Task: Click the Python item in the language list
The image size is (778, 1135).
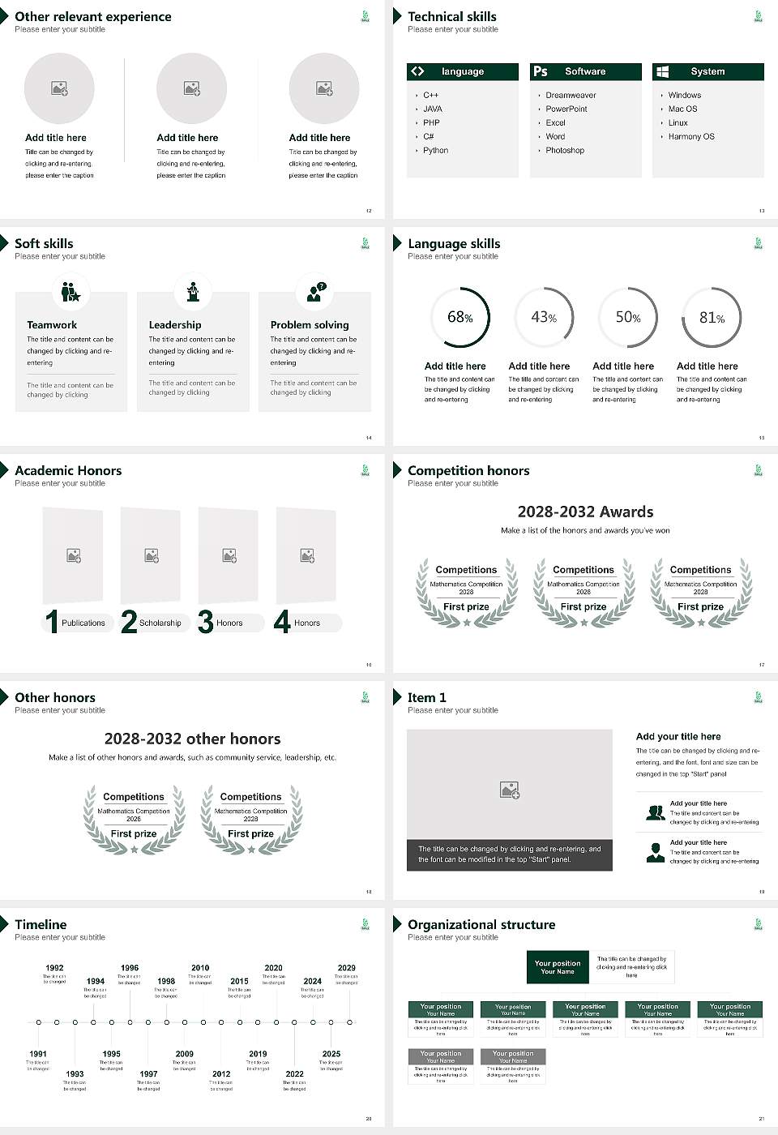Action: pos(435,151)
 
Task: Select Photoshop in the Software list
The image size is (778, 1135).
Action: pos(565,151)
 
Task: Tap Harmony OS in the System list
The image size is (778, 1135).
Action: pos(691,137)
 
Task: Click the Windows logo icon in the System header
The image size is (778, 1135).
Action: pos(662,71)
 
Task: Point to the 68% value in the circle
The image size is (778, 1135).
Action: pos(460,317)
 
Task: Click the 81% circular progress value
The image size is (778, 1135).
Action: pos(712,318)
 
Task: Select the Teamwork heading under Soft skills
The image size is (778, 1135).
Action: pos(52,325)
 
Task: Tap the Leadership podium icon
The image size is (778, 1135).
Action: pos(193,292)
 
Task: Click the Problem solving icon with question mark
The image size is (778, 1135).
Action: pos(315,292)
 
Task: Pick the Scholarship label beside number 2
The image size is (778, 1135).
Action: pos(160,623)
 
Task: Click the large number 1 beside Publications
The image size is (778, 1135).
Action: pos(52,622)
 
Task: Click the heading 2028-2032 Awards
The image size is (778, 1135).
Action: pos(585,512)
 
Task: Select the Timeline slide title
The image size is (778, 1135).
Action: pos(41,925)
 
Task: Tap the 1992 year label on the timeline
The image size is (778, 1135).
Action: pos(54,968)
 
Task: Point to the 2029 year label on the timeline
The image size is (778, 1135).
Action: pos(346,968)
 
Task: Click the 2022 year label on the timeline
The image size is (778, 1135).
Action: pos(294,1074)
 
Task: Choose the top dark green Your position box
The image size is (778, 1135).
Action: pos(558,967)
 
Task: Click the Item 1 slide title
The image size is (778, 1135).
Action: pos(426,698)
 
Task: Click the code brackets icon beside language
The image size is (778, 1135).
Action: pos(417,71)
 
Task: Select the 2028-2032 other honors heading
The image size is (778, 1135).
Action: pos(192,739)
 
